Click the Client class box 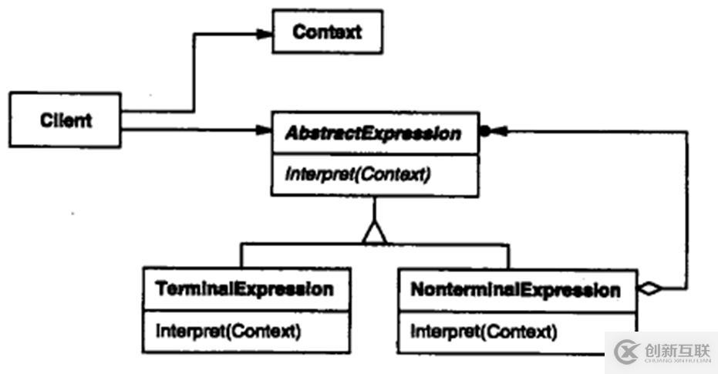65,120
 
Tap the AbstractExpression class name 373,133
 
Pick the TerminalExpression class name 245,290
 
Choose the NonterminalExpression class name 515,291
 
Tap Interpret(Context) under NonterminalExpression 483,332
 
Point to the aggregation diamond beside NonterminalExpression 651,290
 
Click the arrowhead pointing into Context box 264,33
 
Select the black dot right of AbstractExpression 485,132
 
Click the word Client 65,120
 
